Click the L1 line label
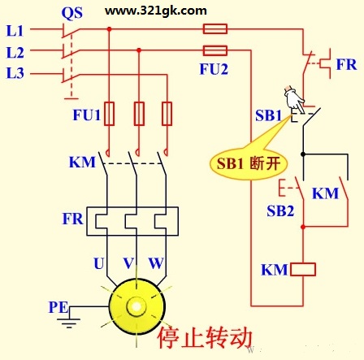(15, 31)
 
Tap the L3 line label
(15, 73)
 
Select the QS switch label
(72, 13)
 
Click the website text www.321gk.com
(156, 11)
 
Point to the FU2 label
(214, 69)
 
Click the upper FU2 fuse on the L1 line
(215, 28)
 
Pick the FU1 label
(87, 115)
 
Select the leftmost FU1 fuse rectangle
(109, 114)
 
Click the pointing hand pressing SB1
(294, 99)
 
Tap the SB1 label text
(268, 115)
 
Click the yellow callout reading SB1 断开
(249, 163)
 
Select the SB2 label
(280, 210)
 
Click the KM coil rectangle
(303, 270)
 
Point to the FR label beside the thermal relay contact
(346, 64)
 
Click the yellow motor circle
(137, 306)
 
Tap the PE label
(58, 307)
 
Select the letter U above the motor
(99, 263)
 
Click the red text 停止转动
(205, 337)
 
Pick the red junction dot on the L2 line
(139, 50)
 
